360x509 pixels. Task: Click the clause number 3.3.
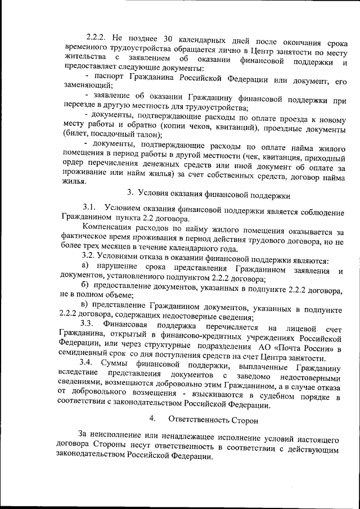(89, 327)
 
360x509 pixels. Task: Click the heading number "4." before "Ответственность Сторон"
(153, 420)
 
